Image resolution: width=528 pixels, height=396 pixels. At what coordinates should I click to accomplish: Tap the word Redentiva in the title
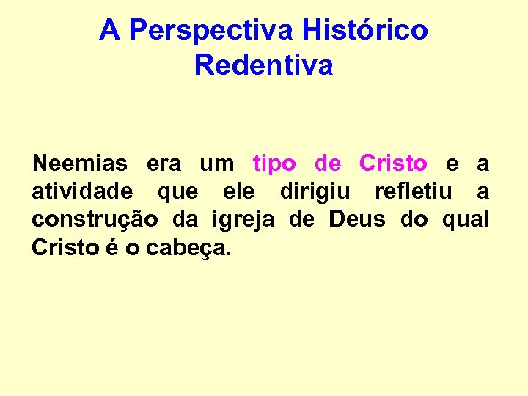point(264,65)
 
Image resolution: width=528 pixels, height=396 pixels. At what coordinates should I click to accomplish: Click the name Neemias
point(79,163)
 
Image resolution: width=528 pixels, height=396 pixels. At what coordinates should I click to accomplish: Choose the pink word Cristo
point(393,163)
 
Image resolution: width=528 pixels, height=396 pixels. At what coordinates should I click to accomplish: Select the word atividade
point(82,191)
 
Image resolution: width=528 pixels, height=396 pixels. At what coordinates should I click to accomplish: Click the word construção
point(93,220)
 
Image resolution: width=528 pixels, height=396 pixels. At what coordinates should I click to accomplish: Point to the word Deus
point(357,219)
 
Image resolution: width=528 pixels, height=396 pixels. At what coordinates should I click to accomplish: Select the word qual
point(466,220)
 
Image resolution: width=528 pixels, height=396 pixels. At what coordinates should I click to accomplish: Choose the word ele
point(238,191)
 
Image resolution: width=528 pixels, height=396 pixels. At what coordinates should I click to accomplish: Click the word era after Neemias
point(164,164)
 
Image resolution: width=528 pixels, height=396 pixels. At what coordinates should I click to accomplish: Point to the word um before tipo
point(217,164)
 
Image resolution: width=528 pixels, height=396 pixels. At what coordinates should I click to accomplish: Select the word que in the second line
point(177,193)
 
